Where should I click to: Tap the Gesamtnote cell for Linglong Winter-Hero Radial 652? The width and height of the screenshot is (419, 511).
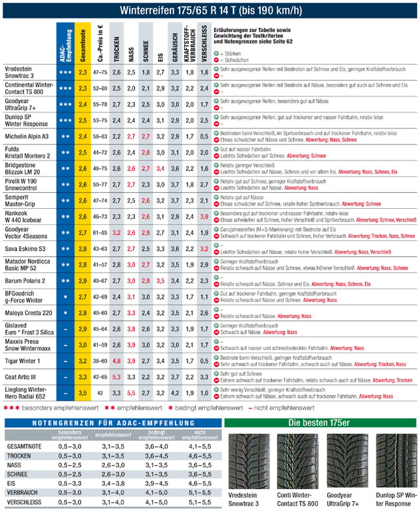click(82, 393)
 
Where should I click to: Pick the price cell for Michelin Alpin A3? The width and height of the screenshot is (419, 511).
click(100, 136)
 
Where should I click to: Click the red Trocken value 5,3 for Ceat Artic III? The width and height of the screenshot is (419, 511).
click(116, 377)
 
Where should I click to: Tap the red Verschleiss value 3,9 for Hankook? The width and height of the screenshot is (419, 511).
click(204, 216)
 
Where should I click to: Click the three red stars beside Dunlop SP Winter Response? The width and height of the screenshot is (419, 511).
click(65, 120)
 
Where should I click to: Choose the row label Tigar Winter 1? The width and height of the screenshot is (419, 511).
click(23, 361)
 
